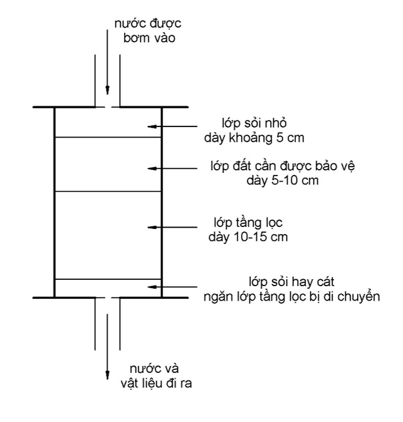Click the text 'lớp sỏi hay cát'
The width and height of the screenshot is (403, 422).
[290, 281]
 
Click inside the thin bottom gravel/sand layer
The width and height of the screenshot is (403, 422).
[107, 287]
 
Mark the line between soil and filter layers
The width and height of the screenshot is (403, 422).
[108, 191]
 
